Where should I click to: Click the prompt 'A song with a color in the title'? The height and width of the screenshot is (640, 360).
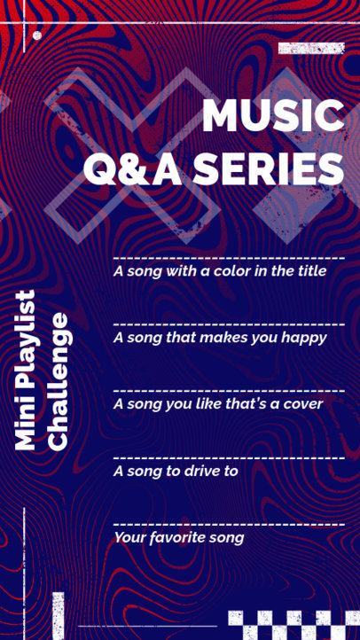click(x=220, y=270)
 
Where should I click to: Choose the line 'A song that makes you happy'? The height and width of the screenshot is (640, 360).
click(x=220, y=337)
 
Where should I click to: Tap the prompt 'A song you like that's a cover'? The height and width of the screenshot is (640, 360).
click(x=218, y=403)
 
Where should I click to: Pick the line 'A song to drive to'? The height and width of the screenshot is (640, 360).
click(x=176, y=471)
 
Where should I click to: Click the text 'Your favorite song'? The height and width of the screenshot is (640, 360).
click(x=178, y=537)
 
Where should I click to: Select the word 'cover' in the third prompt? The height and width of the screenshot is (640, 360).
click(x=301, y=403)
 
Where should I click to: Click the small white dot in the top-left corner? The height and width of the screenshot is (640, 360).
click(x=37, y=35)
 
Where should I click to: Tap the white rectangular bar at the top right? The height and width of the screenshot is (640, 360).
click(x=310, y=48)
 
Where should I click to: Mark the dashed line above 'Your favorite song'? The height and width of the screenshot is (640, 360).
click(x=229, y=524)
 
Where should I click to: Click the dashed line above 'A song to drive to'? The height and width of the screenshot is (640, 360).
click(x=229, y=457)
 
